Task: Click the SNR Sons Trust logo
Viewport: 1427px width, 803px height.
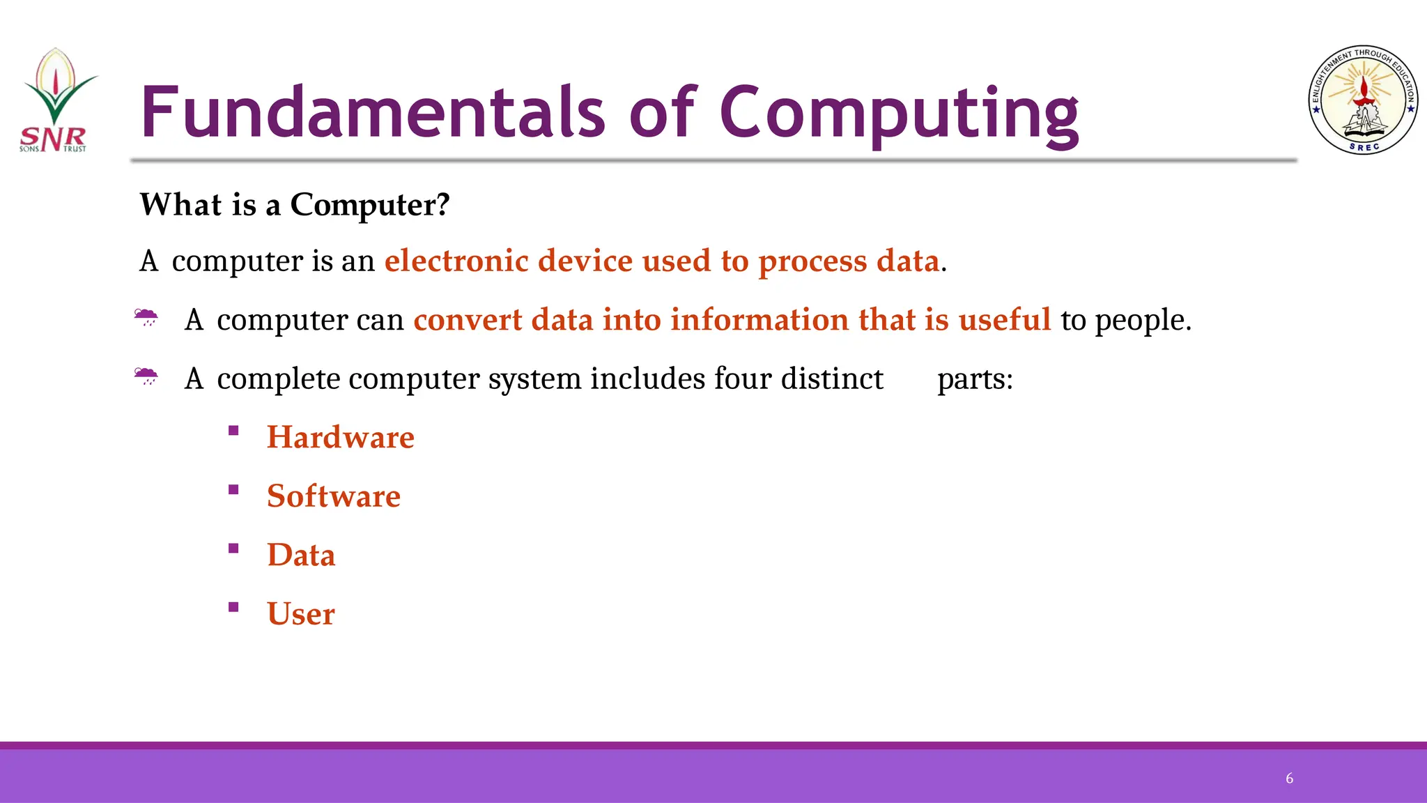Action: click(x=56, y=101)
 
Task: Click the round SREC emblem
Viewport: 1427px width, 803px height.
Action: click(x=1363, y=100)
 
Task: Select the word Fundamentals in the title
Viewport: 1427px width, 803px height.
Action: click(x=373, y=112)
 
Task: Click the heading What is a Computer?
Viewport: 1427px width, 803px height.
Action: click(x=295, y=205)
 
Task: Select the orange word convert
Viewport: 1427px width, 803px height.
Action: click(x=468, y=320)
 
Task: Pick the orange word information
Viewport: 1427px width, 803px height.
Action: click(x=759, y=320)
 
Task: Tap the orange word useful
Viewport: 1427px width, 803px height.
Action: click(x=1005, y=320)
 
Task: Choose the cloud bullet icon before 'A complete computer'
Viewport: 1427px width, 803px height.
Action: click(x=146, y=377)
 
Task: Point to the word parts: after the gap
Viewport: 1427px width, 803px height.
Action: click(x=975, y=379)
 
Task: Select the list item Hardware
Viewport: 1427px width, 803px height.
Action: click(x=341, y=438)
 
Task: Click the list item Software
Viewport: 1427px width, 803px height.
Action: click(x=334, y=496)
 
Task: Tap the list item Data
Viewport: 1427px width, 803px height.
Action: click(x=301, y=556)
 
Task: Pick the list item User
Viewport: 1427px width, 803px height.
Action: click(x=301, y=614)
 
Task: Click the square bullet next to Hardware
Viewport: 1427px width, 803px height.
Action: click(x=233, y=431)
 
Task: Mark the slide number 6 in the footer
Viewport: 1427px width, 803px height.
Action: click(x=1289, y=779)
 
